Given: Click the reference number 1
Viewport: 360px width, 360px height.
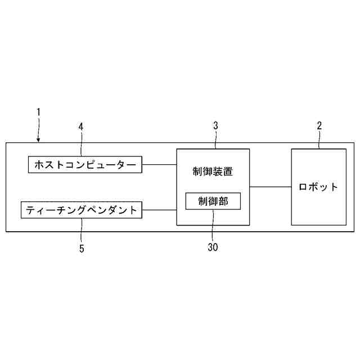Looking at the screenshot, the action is pyautogui.click(x=38, y=112).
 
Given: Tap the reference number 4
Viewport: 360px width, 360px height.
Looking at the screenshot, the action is pyautogui.click(x=81, y=127).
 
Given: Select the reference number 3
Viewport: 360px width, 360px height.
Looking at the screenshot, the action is pyautogui.click(x=215, y=126).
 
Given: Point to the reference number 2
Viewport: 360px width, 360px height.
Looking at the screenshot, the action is pyautogui.click(x=319, y=126).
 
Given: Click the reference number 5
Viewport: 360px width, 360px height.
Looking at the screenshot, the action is pyautogui.click(x=81, y=248).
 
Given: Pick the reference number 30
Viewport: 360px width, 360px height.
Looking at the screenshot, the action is pyautogui.click(x=213, y=246).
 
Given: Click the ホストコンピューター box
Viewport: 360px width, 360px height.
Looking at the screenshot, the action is pyautogui.click(x=85, y=165).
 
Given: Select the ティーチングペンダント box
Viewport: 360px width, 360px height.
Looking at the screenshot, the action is pyautogui.click(x=82, y=210).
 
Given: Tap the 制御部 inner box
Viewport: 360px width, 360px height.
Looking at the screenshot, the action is pyautogui.click(x=213, y=201).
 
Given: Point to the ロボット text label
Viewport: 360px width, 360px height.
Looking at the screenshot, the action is pyautogui.click(x=319, y=187).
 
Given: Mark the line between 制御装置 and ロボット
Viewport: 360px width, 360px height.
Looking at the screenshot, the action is pyautogui.click(x=270, y=186).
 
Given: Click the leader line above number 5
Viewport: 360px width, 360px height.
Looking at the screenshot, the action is pyautogui.click(x=81, y=231).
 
